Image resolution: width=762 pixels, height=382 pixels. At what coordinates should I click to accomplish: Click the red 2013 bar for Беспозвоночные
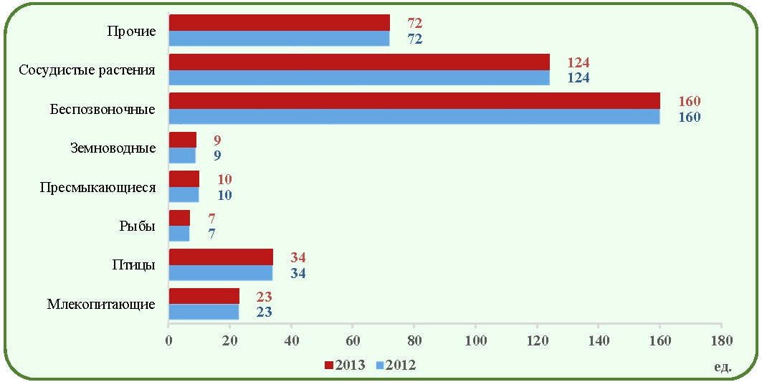(414, 101)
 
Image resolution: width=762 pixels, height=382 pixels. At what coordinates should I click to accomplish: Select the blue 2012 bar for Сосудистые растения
(359, 77)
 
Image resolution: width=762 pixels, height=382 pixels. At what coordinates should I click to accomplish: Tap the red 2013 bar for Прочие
(280, 23)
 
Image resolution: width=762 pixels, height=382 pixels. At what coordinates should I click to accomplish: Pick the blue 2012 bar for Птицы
(221, 273)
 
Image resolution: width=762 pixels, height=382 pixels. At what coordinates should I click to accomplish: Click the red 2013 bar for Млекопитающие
(204, 297)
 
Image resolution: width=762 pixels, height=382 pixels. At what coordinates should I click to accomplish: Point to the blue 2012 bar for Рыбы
(179, 234)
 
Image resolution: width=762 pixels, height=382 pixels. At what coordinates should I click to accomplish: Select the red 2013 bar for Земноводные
(183, 140)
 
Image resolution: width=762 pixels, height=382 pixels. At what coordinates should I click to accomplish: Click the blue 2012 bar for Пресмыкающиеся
(184, 195)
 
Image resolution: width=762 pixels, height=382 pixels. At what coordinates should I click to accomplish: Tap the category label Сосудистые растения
(87, 70)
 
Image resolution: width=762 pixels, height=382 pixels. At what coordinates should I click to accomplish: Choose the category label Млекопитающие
(102, 305)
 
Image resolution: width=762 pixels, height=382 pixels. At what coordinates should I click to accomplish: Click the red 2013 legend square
(329, 365)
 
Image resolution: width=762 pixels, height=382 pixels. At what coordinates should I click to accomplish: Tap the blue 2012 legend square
(381, 365)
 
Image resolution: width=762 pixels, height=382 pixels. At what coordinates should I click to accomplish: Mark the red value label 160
(690, 102)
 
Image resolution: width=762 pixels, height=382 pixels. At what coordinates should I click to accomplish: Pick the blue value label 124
(578, 77)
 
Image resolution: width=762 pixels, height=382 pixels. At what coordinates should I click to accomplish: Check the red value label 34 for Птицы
(298, 257)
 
